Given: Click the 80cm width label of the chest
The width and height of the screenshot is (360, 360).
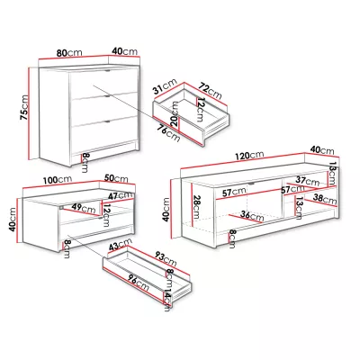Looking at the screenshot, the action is (69, 53).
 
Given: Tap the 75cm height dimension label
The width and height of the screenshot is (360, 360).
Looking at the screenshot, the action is (23, 108).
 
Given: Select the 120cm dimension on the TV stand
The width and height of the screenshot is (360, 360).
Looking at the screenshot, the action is (249, 156).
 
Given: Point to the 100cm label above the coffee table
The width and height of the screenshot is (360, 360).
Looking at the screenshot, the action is (58, 180).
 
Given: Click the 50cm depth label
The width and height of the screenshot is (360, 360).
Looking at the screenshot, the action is (116, 178).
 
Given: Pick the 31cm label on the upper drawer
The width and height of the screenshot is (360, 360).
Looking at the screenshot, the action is (166, 86).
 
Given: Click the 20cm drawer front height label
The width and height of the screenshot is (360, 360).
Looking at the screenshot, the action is (174, 113).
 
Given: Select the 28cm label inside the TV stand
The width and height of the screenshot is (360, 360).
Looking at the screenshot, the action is (196, 207).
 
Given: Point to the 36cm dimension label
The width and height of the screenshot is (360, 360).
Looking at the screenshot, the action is (252, 216).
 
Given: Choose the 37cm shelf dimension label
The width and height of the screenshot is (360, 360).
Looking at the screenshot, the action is (308, 181).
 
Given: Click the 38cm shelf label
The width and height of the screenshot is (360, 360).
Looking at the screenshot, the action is (325, 198).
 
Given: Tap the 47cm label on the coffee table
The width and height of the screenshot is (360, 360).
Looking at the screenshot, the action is (121, 196).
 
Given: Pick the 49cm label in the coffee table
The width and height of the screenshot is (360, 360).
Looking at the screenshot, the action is (84, 208).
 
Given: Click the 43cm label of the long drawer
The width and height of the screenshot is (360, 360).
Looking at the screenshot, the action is (121, 245).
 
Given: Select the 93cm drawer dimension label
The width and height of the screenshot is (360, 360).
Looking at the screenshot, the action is (166, 258).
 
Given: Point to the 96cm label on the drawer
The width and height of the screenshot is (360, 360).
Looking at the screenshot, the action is (137, 283).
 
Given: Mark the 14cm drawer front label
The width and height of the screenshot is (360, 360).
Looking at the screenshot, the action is (167, 300).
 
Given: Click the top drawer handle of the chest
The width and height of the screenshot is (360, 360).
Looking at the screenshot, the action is (108, 71).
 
